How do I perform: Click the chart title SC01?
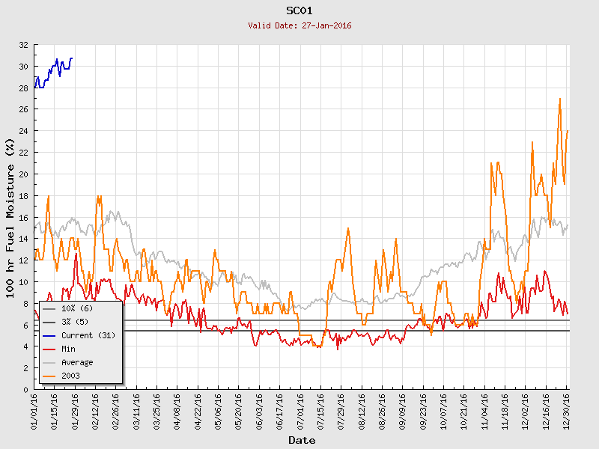click(299, 10)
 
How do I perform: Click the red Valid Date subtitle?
click(299, 25)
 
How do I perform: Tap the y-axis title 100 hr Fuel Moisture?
click(10, 217)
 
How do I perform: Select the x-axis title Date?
click(302, 440)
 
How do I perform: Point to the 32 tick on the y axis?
click(24, 45)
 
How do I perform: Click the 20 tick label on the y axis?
click(24, 174)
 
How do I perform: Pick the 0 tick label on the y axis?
click(26, 390)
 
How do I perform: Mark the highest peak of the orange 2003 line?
click(560, 99)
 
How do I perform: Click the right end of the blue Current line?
click(72, 58)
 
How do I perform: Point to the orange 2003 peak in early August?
click(348, 228)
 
